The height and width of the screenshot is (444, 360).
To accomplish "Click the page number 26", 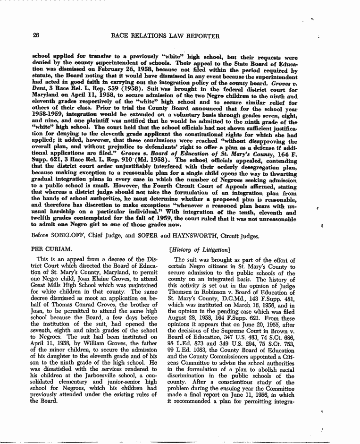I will pos(36,35).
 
